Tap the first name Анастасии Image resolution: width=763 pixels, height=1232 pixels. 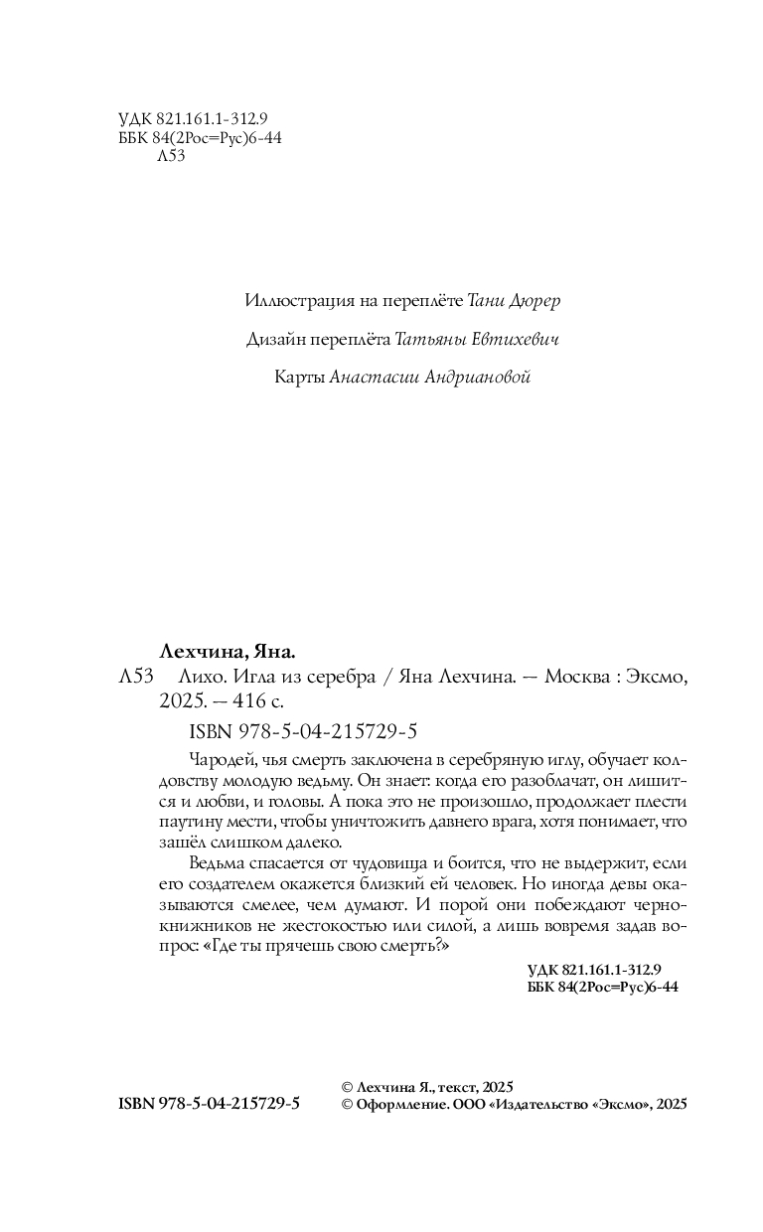(x=370, y=378)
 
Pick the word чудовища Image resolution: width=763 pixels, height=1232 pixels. (x=388, y=866)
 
